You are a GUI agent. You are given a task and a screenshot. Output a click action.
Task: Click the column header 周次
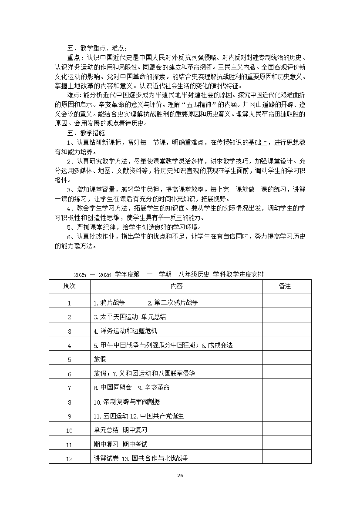(69, 286)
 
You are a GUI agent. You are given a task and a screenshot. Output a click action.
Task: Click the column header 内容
(176, 286)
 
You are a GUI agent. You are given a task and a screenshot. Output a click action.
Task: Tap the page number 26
(180, 476)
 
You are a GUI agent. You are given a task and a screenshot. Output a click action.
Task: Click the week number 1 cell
(69, 303)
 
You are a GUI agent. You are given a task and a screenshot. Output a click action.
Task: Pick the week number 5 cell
(69, 360)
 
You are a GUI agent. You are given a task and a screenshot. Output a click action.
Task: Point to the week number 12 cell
(69, 459)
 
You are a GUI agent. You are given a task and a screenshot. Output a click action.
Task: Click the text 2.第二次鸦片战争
(173, 303)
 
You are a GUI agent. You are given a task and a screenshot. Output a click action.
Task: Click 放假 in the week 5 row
(100, 360)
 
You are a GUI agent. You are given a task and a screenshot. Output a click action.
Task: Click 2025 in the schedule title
(80, 275)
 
